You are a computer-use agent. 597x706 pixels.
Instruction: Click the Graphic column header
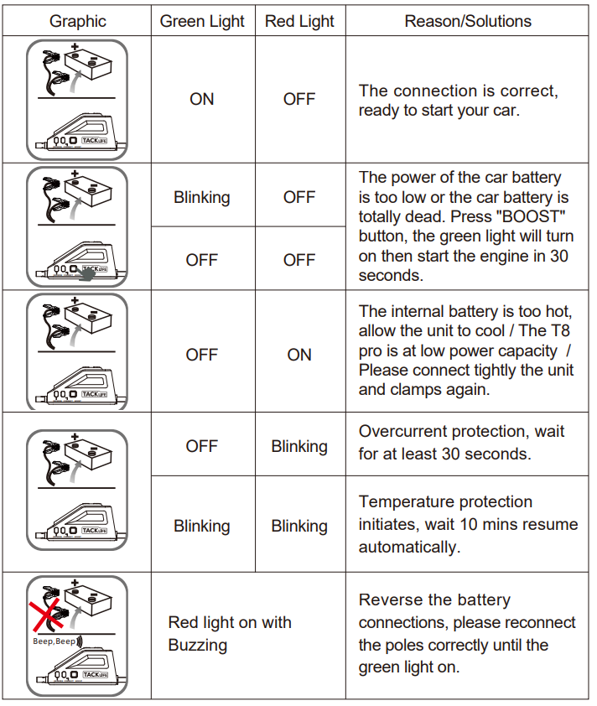(x=77, y=21)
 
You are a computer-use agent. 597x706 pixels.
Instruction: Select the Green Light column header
(x=202, y=21)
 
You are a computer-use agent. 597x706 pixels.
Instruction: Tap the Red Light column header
(x=299, y=21)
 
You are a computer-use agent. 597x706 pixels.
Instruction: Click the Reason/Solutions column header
(x=468, y=21)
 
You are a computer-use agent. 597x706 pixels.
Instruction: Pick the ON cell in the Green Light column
(x=202, y=99)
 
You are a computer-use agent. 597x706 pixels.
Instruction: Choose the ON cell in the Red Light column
(x=299, y=355)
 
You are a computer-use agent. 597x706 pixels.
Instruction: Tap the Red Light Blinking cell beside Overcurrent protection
(x=299, y=446)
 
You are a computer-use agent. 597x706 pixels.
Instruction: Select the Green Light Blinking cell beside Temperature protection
(x=202, y=527)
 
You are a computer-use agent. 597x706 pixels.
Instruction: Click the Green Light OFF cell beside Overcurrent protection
(x=202, y=446)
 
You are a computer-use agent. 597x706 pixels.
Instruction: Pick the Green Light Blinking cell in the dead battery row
(x=202, y=197)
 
